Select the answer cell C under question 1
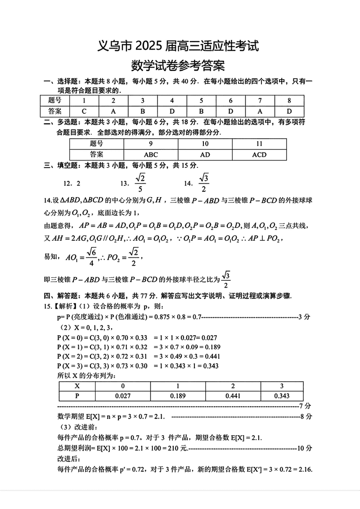pyautogui.click(x=84, y=111)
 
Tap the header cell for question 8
pyautogui.click(x=289, y=101)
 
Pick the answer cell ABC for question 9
pyautogui.click(x=151, y=154)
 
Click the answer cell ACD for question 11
pyautogui.click(x=259, y=154)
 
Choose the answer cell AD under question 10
pyautogui.click(x=205, y=154)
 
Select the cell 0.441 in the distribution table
pyautogui.click(x=233, y=396)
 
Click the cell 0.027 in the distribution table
pyautogui.click(x=122, y=396)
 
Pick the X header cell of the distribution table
pyautogui.click(x=77, y=386)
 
